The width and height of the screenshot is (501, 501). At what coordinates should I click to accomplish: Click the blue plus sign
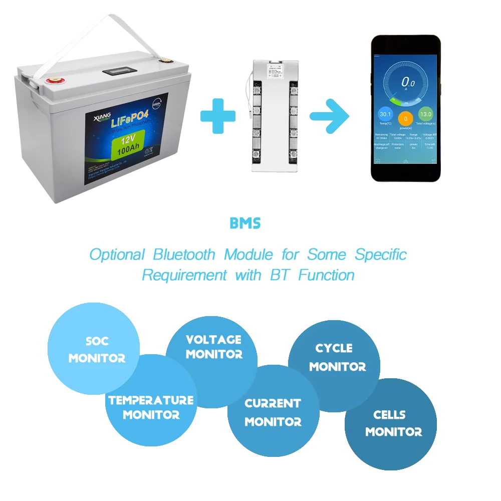[x=217, y=116]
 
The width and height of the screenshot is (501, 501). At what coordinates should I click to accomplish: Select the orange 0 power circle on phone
[x=405, y=119]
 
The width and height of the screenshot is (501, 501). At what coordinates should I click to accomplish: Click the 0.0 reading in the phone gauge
[x=407, y=83]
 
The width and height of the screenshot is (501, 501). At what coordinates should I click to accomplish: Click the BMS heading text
[x=245, y=223]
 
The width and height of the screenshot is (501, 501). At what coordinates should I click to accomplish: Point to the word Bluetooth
[x=184, y=255]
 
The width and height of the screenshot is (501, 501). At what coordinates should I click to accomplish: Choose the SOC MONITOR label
[x=97, y=350]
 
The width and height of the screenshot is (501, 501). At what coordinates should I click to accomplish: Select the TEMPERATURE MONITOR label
[x=151, y=407]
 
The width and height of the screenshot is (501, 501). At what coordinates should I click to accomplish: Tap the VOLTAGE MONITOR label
[x=213, y=347]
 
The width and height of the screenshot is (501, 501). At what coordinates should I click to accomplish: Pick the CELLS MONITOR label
[x=393, y=423]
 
